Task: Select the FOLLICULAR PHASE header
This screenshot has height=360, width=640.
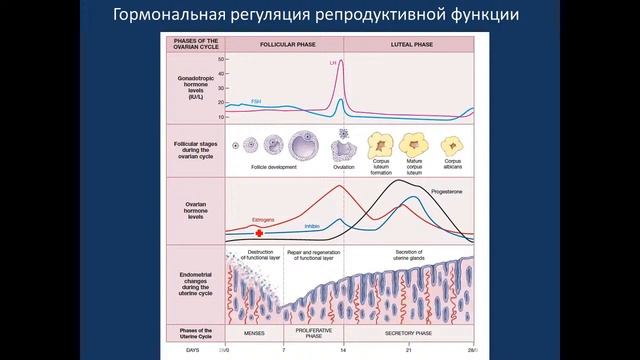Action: click(285, 44)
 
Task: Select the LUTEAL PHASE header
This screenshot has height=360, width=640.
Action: click(410, 44)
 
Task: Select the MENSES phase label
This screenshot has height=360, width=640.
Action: click(256, 331)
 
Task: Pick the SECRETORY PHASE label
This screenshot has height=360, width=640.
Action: click(410, 331)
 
